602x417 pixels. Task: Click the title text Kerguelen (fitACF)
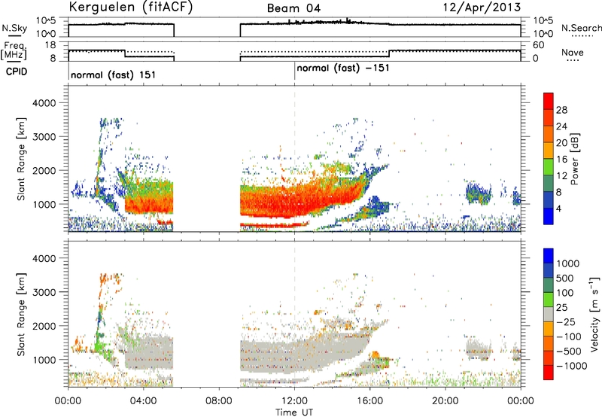(130, 7)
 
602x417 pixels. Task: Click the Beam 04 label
(293, 8)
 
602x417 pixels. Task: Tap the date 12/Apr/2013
(482, 8)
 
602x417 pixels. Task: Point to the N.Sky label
(14, 28)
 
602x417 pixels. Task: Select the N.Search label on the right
(581, 28)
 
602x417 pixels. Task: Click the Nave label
(573, 53)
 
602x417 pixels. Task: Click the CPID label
(17, 72)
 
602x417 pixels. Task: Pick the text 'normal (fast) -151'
(343, 68)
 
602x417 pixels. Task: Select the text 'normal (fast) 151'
(114, 75)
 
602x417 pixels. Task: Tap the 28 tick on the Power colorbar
(561, 110)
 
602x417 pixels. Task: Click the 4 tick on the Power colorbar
(558, 208)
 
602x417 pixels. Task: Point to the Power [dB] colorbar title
(575, 159)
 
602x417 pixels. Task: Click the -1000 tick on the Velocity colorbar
(571, 366)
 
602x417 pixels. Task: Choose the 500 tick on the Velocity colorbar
(565, 279)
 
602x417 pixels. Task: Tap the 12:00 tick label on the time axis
(294, 401)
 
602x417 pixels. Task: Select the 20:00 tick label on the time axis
(445, 401)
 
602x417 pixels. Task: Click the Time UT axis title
(294, 412)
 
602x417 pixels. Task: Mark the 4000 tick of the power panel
(44, 103)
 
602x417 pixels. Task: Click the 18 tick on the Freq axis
(50, 45)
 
